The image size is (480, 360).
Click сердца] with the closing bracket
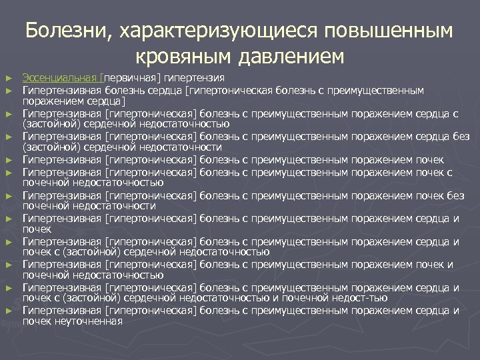coord(105,101)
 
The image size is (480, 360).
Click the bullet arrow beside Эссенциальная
coord(9,78)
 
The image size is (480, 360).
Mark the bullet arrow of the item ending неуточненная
coord(9,311)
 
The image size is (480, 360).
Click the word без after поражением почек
coord(456,196)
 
